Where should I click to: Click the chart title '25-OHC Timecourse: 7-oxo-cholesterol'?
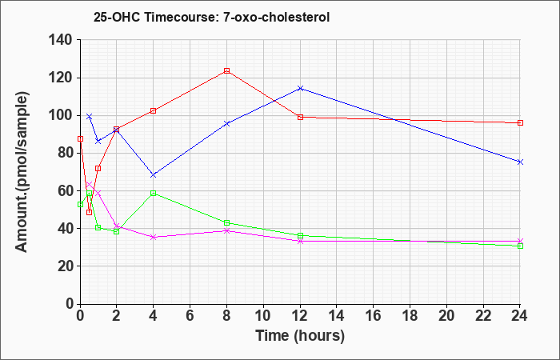click(x=211, y=17)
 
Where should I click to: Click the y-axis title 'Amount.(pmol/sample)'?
click(x=22, y=172)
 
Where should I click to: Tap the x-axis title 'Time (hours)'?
click(x=300, y=336)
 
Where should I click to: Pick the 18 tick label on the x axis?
click(x=410, y=316)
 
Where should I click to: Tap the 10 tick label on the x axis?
click(x=263, y=316)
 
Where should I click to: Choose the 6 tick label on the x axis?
click(x=190, y=316)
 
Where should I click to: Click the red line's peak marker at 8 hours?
click(x=226, y=70)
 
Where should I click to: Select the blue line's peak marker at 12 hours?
click(x=300, y=88)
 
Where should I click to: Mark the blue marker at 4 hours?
click(x=154, y=175)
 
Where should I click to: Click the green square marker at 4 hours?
click(x=154, y=194)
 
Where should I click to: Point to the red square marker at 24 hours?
click(x=520, y=123)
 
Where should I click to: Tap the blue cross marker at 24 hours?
click(x=520, y=162)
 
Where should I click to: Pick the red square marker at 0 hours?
click(x=80, y=138)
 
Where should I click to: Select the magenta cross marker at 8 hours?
click(x=226, y=230)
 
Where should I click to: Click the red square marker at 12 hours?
click(x=300, y=117)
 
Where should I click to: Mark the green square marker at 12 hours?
click(x=300, y=236)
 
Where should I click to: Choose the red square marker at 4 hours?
click(x=154, y=110)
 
